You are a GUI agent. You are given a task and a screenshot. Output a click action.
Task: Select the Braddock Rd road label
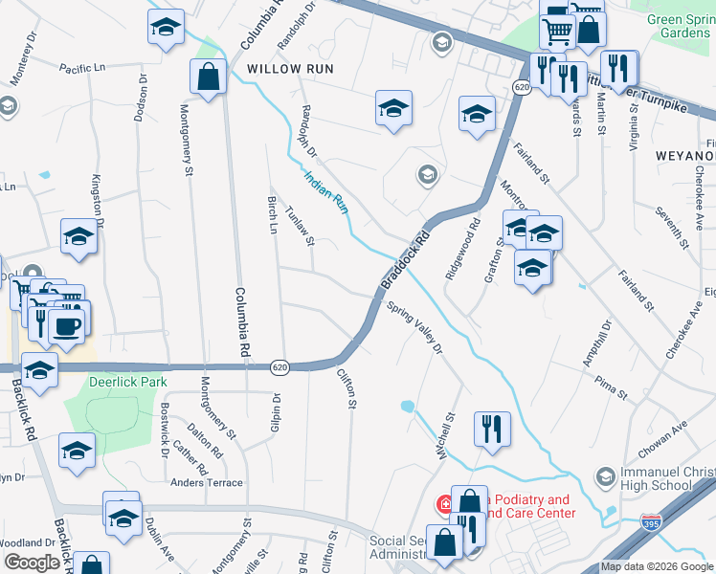pos(406,259)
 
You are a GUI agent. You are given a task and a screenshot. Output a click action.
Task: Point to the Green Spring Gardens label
pos(679,26)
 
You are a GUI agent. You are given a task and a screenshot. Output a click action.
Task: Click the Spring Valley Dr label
pos(415,328)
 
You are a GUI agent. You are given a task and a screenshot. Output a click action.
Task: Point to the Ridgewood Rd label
pos(463,251)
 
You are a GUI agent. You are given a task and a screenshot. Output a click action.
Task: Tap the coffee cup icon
pos(66,326)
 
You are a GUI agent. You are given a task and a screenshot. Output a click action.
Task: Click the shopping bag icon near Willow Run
pos(208,77)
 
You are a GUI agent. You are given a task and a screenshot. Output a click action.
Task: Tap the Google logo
pos(32,563)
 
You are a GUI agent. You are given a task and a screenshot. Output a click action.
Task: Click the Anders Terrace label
pos(207,483)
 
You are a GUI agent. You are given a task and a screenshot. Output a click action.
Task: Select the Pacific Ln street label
pos(85,68)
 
